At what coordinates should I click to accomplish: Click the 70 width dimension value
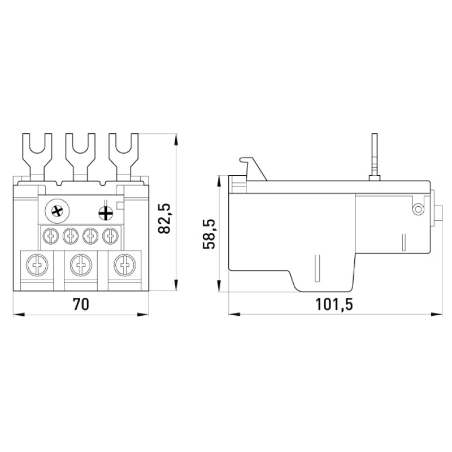tap(81, 305)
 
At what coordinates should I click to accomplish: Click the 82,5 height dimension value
tap(164, 219)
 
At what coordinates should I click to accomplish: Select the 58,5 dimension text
tap(209, 234)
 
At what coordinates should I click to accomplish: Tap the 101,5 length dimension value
tap(334, 305)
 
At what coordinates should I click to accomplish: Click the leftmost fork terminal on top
tap(37, 156)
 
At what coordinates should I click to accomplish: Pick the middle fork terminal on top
tap(80, 156)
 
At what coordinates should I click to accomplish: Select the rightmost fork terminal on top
tap(123, 156)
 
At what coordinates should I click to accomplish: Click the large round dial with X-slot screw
tap(58, 211)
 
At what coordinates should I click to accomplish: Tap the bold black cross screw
tap(106, 214)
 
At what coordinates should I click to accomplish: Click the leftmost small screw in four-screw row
tap(51, 236)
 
